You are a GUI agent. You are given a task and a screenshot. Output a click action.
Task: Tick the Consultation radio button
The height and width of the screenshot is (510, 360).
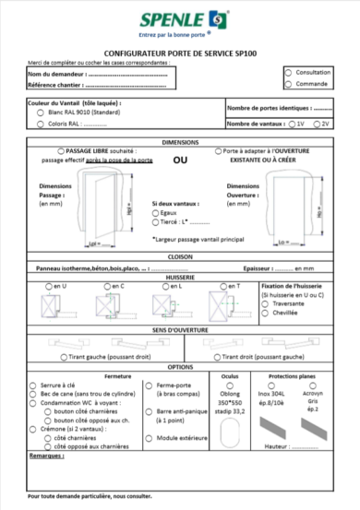[289, 71]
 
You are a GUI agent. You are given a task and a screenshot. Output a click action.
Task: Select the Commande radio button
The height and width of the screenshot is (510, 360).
[289, 83]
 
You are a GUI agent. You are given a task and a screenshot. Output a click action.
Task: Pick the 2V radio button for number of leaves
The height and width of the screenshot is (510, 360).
[317, 123]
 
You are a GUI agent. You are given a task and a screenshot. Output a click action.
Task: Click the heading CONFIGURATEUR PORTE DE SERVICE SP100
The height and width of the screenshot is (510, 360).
[180, 55]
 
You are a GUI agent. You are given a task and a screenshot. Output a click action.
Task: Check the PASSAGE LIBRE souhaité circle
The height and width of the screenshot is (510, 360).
[61, 150]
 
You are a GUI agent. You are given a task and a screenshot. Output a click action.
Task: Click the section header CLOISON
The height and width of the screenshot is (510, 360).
[180, 257]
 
